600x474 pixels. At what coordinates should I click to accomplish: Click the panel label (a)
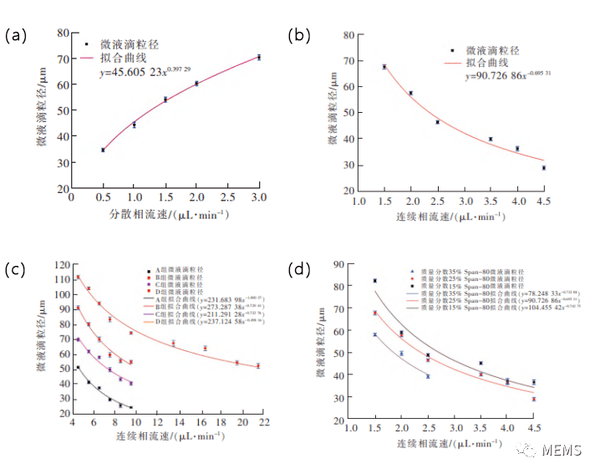[17, 36]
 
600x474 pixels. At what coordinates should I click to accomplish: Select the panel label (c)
[17, 268]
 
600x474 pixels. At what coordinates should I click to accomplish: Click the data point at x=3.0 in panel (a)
[259, 57]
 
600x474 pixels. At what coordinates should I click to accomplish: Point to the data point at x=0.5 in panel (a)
[103, 150]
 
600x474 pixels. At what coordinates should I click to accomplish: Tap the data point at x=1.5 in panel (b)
[384, 67]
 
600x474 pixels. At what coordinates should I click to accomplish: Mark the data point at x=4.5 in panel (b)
[543, 168]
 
